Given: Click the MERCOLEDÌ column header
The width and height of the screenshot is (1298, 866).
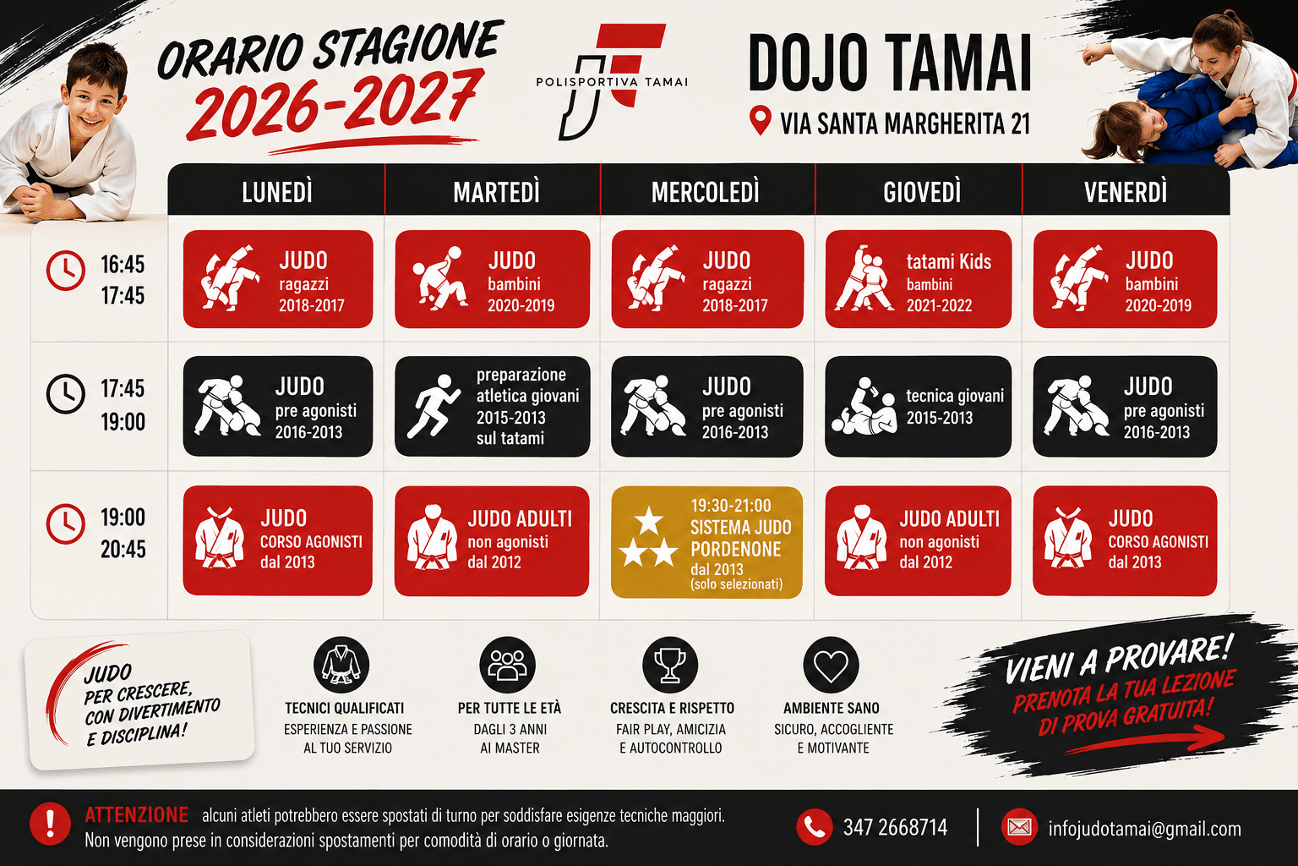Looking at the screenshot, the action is pos(706,192).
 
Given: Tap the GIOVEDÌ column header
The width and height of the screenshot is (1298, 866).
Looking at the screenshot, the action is pos(922,192).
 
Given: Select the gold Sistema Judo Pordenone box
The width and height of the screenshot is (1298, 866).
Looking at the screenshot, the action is pos(706,542).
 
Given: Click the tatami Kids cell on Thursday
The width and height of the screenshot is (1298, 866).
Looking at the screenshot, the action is pos(918,279).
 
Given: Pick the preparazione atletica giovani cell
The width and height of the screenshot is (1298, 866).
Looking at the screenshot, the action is pos(492,406).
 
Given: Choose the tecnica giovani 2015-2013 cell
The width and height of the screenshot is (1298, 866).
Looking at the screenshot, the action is pos(918,406).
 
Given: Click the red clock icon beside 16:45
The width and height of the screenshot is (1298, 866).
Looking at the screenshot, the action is pos(65,271).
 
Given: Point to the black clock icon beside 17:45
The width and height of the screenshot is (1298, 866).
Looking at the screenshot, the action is pos(65,394).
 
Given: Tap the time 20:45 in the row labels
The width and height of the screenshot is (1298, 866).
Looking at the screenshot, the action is pos(123,550).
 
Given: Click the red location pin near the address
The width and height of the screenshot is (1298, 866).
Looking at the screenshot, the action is pos(760,119).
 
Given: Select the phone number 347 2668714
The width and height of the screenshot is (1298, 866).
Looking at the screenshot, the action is pos(895,827).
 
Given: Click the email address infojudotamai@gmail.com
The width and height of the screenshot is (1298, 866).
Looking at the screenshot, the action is pos(1144,829).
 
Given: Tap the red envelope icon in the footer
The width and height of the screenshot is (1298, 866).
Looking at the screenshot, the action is pos(1019,827).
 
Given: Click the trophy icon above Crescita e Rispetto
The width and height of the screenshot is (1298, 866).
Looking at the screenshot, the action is pos(670,665).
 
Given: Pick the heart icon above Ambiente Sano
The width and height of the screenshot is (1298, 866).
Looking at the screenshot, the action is pos(831,665).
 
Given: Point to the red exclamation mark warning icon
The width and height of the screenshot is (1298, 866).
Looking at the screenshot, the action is pos(50,824).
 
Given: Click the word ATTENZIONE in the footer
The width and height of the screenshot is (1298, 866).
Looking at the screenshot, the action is pos(136,815).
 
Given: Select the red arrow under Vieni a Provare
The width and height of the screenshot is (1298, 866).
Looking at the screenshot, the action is pos(1144,741).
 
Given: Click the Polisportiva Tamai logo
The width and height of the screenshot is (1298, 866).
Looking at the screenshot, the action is pos(612,82).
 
